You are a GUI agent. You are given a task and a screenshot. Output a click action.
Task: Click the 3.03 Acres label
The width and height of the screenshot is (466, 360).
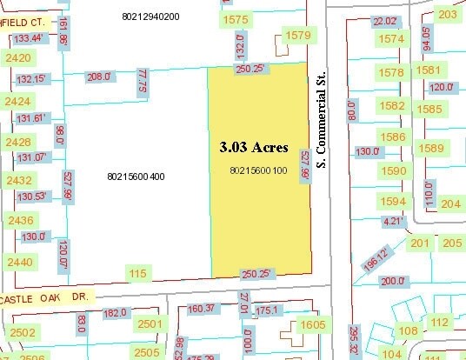[253, 148]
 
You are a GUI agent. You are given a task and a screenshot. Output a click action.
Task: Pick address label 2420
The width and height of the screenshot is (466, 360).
[18, 58]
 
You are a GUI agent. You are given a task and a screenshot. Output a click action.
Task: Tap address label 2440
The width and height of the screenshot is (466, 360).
[18, 262]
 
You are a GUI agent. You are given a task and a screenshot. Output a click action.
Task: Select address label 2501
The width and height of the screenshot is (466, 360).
[150, 324]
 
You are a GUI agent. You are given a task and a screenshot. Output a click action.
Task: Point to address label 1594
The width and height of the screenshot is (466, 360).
[393, 202]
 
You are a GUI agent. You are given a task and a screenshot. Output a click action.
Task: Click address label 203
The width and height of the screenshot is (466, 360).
[448, 15]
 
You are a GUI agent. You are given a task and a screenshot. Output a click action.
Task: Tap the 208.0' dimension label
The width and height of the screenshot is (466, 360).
[100, 77]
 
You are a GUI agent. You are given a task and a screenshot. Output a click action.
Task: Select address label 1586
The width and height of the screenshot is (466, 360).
[393, 137]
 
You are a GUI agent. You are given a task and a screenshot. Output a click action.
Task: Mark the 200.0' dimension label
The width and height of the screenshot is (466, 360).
[393, 281]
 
